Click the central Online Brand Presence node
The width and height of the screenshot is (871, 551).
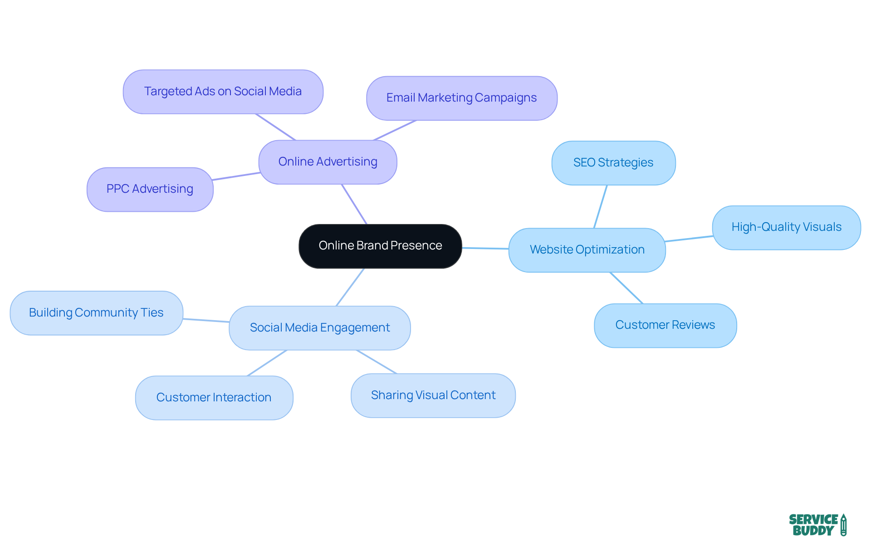click(380, 246)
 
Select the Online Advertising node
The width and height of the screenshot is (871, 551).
click(328, 162)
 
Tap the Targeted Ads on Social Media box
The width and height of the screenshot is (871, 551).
click(223, 92)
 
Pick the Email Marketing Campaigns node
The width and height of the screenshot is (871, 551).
click(461, 98)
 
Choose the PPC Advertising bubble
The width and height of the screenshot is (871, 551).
click(150, 189)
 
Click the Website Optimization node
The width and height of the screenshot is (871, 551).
click(587, 250)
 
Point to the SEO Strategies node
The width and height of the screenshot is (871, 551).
click(613, 163)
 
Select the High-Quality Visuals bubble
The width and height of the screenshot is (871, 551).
click(786, 227)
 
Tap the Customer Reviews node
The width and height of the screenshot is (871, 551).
click(665, 325)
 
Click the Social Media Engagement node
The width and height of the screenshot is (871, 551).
click(320, 328)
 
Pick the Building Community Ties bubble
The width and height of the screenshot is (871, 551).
click(96, 313)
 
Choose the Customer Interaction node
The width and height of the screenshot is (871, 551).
click(214, 398)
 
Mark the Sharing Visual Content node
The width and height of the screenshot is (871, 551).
click(433, 395)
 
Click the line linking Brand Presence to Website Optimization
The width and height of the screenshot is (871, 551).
click(485, 249)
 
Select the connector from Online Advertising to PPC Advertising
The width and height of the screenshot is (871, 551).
click(236, 176)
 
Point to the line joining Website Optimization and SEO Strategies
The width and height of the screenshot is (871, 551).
click(601, 207)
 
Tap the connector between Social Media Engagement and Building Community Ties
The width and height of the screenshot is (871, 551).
click(206, 321)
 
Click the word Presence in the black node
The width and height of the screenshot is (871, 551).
click(416, 246)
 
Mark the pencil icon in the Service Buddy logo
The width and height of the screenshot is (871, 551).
click(843, 525)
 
